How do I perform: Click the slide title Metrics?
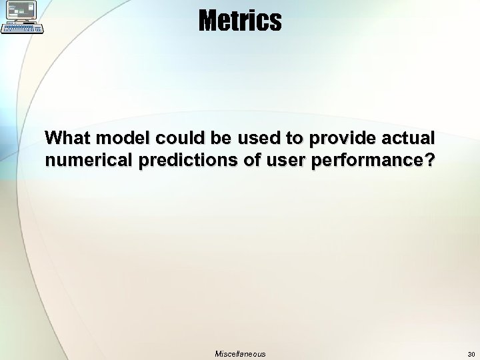click(240, 21)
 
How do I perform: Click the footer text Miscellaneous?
click(240, 354)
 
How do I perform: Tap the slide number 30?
click(471, 354)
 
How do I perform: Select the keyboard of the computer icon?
click(23, 28)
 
